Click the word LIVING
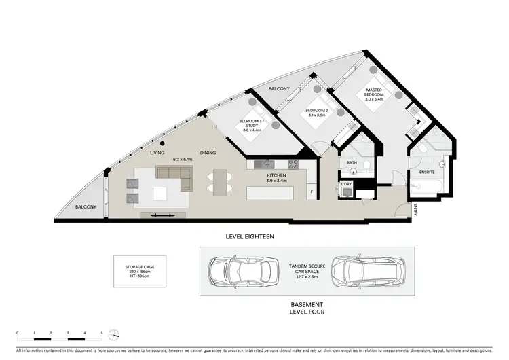(157, 154)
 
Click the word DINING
(208, 154)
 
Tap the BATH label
(351, 163)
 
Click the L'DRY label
(347, 184)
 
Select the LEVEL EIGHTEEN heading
(250, 236)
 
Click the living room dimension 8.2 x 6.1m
(183, 159)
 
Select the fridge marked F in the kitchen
(312, 192)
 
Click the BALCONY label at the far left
(85, 206)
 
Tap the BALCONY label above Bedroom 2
(278, 89)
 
